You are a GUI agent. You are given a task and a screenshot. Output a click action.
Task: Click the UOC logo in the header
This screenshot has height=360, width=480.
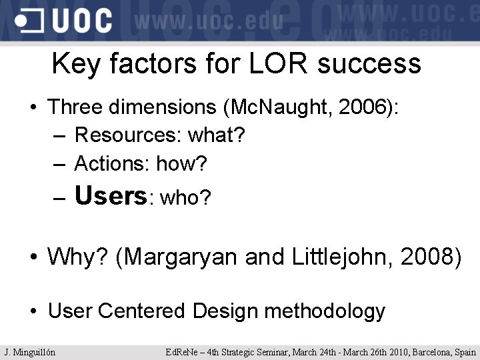click(64, 20)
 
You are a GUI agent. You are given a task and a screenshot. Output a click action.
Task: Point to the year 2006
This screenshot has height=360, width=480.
click(361, 107)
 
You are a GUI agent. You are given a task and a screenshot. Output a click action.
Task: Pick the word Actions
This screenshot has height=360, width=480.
click(111, 163)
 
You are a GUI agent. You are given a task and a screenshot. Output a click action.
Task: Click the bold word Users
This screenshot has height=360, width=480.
click(111, 196)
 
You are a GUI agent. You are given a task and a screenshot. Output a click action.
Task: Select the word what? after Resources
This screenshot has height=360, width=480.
click(217, 135)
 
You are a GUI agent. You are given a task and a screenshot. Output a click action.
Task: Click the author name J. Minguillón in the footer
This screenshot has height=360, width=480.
click(29, 352)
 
